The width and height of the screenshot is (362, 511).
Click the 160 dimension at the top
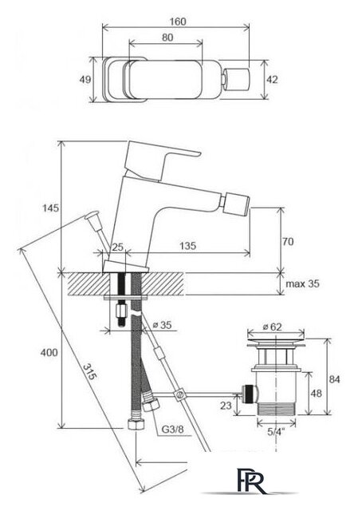[x=178, y=22]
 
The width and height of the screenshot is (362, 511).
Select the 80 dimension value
[x=167, y=38]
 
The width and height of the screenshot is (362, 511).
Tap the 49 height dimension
[x=85, y=79]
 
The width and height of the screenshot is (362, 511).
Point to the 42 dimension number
[x=272, y=79]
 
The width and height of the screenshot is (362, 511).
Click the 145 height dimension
[x=51, y=208]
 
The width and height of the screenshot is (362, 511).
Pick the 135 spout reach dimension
[x=188, y=245]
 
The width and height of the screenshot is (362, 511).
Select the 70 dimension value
[x=288, y=241]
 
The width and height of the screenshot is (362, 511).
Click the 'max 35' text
[x=302, y=283]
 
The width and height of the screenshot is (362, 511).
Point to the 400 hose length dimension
[x=49, y=352]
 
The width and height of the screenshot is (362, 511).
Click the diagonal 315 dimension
[x=89, y=372]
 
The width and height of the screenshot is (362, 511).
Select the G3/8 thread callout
[x=172, y=430]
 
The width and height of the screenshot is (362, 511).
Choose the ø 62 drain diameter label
[x=272, y=327]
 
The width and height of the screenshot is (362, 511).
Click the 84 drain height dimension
[x=334, y=379]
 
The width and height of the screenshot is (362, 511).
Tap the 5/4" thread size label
[x=276, y=432]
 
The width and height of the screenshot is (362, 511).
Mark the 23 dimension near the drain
[x=226, y=405]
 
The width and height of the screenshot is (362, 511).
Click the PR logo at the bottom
[x=250, y=481]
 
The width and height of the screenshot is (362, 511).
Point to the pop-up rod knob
[x=92, y=216]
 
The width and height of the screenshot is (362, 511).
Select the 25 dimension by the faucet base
[x=117, y=247]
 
